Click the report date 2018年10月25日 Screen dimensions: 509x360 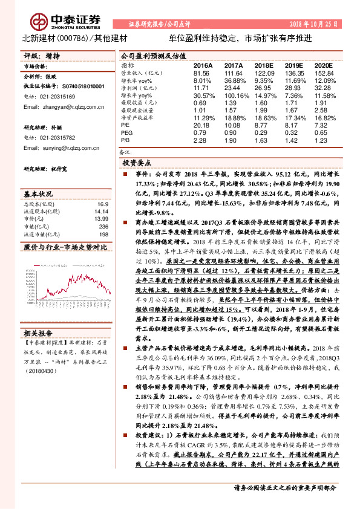(318, 23)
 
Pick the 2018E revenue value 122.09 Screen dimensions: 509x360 (264, 72)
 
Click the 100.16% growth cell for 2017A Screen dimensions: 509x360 (232, 96)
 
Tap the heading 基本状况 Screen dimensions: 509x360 (38, 194)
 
